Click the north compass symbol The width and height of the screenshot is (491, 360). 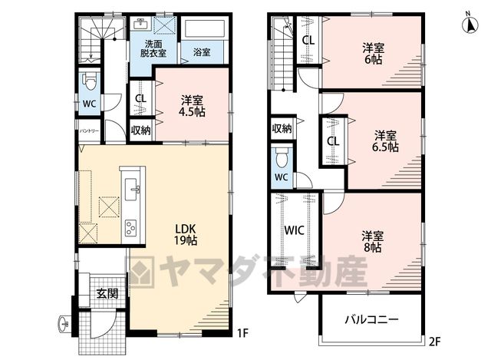[470, 22]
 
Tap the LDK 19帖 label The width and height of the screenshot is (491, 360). [186, 234]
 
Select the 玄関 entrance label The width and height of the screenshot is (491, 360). [107, 293]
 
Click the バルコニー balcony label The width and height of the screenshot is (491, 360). [371, 319]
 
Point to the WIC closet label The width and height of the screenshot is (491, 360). [294, 230]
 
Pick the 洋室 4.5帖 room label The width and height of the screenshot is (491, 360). [192, 106]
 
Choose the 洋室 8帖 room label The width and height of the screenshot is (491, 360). [372, 242]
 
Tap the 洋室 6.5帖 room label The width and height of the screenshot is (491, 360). [385, 141]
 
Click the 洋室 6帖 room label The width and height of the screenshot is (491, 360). [374, 54]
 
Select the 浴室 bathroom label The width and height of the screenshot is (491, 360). [202, 52]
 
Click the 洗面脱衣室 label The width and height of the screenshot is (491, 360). [153, 48]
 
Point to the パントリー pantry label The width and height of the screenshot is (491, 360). [89, 130]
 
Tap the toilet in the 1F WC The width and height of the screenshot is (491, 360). [89, 82]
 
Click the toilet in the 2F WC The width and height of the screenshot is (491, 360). [282, 158]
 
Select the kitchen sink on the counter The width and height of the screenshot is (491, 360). [131, 190]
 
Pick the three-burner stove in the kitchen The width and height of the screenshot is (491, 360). [131, 228]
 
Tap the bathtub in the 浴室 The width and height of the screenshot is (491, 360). [206, 29]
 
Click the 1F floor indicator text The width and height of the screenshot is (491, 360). [242, 332]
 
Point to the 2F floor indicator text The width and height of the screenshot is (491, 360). [435, 342]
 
